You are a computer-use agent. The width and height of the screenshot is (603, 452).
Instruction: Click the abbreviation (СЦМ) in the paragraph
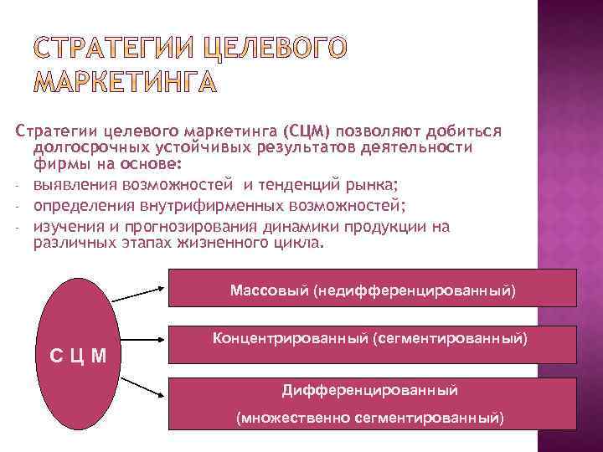point(307,131)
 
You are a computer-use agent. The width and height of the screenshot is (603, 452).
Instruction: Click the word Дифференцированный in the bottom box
point(369,390)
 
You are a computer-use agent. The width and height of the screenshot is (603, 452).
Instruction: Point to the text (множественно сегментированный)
point(369,416)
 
